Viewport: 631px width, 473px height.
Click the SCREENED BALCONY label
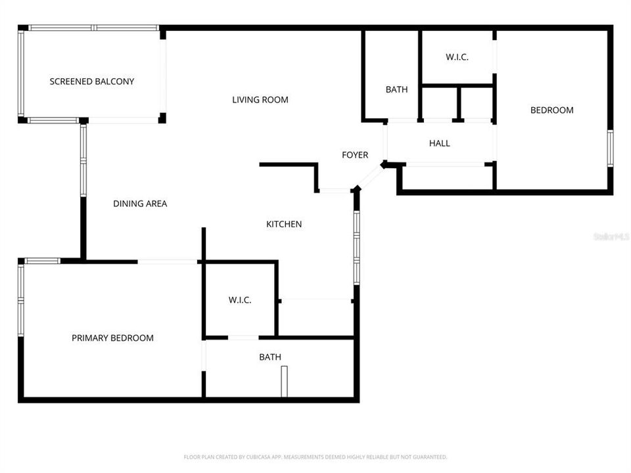[x=92, y=81]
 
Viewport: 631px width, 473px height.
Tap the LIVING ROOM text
[x=260, y=100]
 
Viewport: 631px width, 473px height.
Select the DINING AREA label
[x=140, y=204]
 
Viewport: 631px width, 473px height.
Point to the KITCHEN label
[x=284, y=224]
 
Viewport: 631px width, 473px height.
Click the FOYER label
[x=355, y=155]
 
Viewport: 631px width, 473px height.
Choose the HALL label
[x=440, y=143]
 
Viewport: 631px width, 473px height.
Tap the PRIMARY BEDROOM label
[x=112, y=338]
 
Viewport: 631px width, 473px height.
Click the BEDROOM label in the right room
[x=552, y=110]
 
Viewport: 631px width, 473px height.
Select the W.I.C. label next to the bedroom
[x=457, y=57]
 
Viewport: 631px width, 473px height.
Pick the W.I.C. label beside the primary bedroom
[x=240, y=300]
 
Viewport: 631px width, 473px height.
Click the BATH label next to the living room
[x=396, y=89]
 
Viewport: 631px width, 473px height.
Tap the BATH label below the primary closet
[x=270, y=357]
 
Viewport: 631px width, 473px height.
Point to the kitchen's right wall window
[x=356, y=246]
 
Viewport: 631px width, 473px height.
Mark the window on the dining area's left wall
[x=83, y=160]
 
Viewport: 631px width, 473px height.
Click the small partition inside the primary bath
[x=284, y=382]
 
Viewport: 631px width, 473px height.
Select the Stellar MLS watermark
[x=611, y=236]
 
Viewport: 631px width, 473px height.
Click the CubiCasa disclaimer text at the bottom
[x=315, y=457]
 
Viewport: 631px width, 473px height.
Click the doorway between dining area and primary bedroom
[x=168, y=261]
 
